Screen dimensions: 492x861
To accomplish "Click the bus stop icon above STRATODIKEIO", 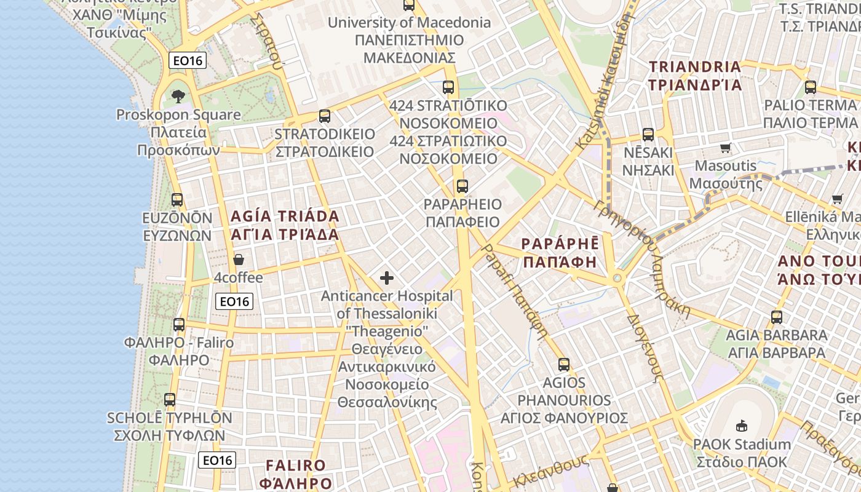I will point(324,116).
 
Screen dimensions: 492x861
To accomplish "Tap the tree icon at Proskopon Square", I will point(178,96).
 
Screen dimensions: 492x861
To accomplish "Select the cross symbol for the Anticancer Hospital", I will point(387,278).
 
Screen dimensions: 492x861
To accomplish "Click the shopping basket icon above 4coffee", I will point(239,260).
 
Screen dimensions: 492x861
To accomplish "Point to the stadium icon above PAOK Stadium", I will point(742,426).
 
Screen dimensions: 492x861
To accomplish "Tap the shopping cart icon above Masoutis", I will point(726,148).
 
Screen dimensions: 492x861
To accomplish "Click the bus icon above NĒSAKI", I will point(648,134).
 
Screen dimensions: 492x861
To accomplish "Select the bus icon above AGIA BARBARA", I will point(777,317).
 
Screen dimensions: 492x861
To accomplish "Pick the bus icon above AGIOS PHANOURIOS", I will point(563,364).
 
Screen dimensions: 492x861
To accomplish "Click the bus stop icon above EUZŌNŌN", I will point(177,199).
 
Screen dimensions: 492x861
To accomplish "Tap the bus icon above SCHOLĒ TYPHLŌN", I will point(170,400).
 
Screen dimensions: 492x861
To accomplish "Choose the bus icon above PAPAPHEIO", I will point(462,186).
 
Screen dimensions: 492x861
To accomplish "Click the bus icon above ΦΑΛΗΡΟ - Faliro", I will point(179,324).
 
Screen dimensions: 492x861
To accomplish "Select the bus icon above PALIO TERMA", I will point(811,87).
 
